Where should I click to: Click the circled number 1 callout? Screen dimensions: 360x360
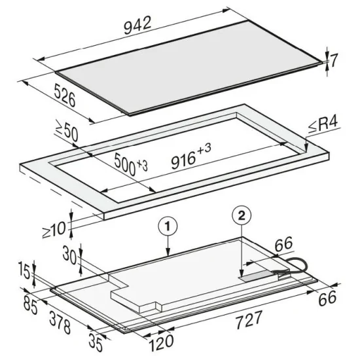click(x=168, y=226)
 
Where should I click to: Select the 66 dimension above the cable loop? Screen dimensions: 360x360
click(x=284, y=243)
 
